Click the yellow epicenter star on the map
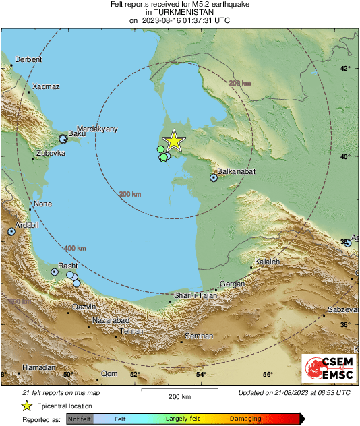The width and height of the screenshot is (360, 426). [x=174, y=141]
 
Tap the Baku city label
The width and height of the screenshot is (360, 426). [x=78, y=134]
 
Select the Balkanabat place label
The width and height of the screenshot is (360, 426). [x=235, y=172]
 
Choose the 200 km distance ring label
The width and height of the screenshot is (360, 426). [x=129, y=194]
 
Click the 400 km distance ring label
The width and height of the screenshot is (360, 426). [x=75, y=248]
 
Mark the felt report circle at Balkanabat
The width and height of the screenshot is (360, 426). [x=214, y=178]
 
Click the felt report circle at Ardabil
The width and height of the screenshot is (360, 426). [x=11, y=231]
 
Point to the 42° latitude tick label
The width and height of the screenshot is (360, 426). [x=344, y=69]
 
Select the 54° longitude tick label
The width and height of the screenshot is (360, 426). [x=201, y=375]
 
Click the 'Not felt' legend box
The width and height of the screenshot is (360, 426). [x=80, y=419]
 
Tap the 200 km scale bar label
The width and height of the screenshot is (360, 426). [x=179, y=397]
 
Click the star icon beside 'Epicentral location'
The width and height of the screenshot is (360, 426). [x=26, y=406]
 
